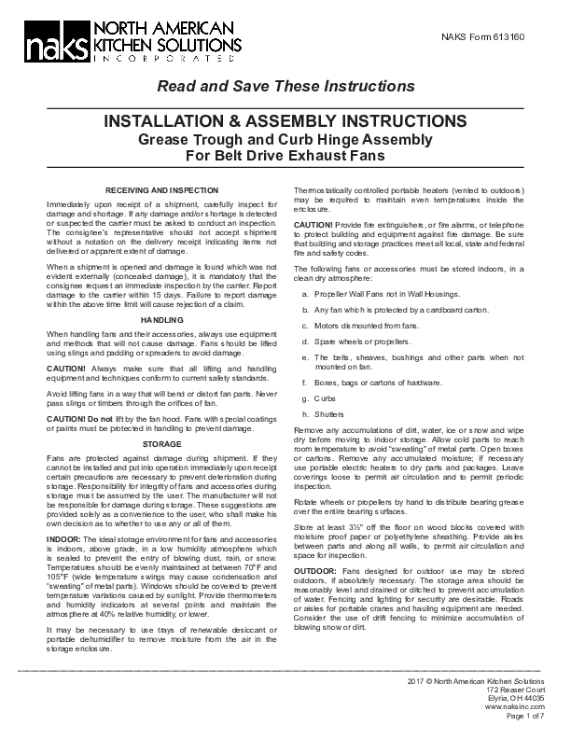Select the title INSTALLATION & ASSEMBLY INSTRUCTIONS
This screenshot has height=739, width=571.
285,123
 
